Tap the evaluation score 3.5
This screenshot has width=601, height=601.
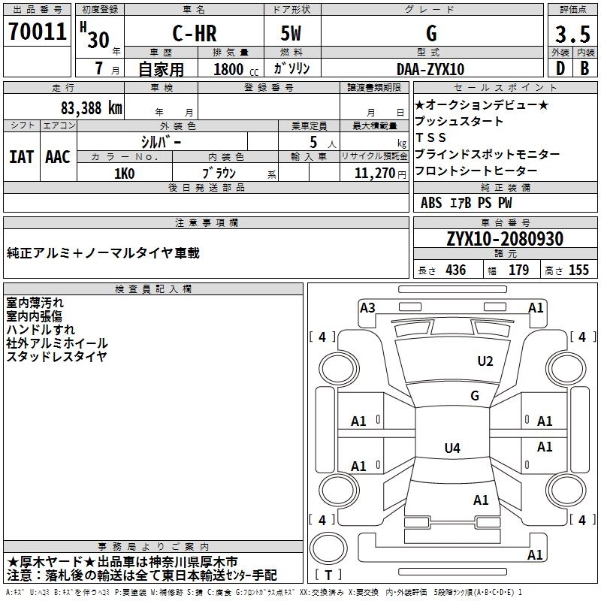click(x=572, y=35)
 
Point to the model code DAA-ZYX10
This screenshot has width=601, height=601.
click(x=430, y=69)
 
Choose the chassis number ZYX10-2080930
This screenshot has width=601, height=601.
click(x=505, y=239)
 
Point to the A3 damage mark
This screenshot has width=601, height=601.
click(x=367, y=307)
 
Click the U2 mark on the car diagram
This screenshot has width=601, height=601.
click(x=485, y=361)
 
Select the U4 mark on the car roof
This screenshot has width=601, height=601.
click(x=452, y=448)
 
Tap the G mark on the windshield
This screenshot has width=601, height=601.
click(x=474, y=396)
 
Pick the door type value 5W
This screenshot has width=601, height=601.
click(x=292, y=35)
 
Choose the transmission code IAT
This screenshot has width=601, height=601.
click(x=21, y=156)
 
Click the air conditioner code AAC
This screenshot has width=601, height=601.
click(x=57, y=156)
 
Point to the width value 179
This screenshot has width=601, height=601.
click(x=519, y=270)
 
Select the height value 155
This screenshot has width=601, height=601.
click(x=578, y=270)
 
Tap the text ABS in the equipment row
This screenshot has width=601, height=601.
click(x=431, y=203)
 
